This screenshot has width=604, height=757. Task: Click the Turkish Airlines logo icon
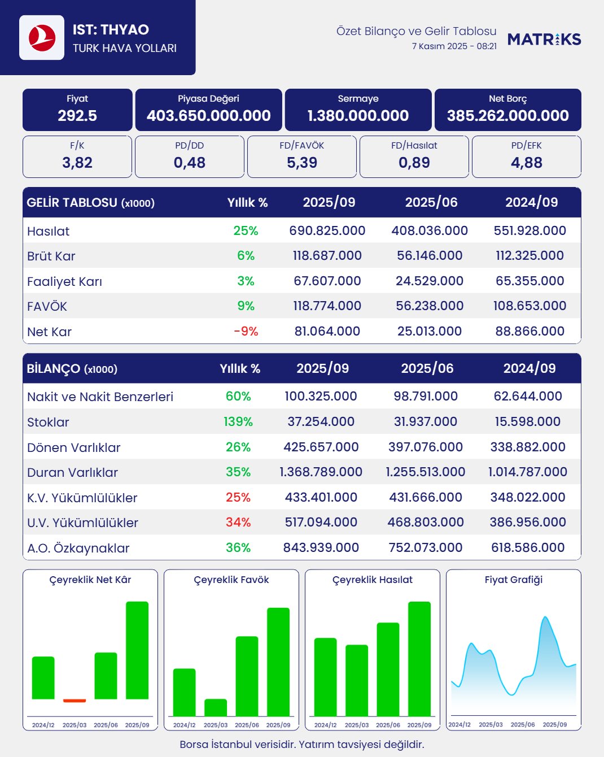coord(42,38)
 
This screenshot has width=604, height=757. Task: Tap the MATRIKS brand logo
coord(544,39)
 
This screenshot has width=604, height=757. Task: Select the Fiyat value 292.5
coord(77,116)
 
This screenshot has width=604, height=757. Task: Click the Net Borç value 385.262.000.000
coord(507,116)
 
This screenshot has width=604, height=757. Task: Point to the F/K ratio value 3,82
coord(77,163)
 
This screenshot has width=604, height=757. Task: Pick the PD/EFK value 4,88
coord(526,163)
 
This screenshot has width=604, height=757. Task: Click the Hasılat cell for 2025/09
coord(327,230)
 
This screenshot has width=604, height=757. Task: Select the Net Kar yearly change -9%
coord(246,331)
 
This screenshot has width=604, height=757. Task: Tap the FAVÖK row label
coord(47,306)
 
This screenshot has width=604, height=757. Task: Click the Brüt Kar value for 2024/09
coord(529,255)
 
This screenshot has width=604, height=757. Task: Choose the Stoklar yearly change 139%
coord(238,421)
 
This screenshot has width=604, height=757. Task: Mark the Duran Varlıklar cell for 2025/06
coord(425,472)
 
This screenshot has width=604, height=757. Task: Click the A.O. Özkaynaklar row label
coord(78,548)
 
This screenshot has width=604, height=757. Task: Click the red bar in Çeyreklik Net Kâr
coord(75,701)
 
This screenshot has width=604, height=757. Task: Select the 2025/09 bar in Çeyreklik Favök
coord(278,661)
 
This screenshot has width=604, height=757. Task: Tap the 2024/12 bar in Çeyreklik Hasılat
coord(325,677)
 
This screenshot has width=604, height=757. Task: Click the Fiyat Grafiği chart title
coord(513,580)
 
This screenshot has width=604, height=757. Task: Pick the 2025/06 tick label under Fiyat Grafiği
coord(522,724)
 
